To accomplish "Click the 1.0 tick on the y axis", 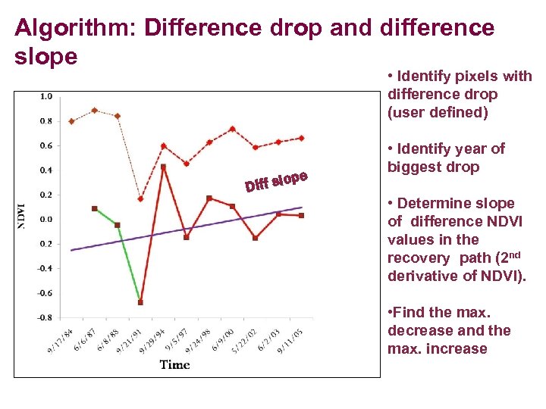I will click(x=45, y=96).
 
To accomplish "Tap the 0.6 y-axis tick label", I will click(x=45, y=145).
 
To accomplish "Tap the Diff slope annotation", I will click(x=275, y=181).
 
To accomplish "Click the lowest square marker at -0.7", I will click(x=140, y=302).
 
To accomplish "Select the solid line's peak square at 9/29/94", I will click(x=163, y=167).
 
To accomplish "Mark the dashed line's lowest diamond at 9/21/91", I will click(x=140, y=199).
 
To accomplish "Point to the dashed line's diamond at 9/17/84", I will click(x=71, y=121).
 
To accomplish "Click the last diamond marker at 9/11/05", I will click(x=301, y=138).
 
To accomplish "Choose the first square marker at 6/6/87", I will click(x=94, y=208).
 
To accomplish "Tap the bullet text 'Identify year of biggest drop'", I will click(x=445, y=158).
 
